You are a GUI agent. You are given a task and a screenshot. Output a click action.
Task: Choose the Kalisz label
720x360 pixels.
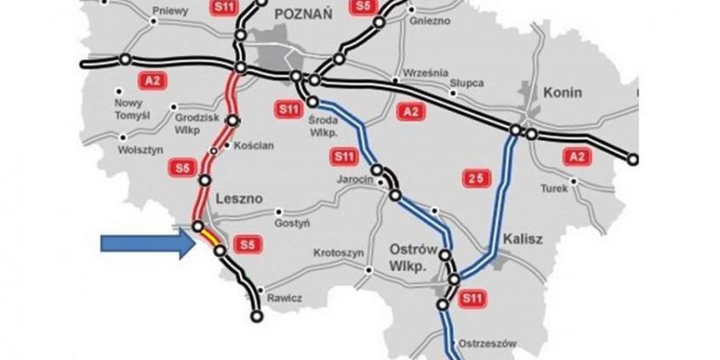click(523, 240)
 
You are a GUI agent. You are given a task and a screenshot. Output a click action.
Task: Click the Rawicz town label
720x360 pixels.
click(284, 298)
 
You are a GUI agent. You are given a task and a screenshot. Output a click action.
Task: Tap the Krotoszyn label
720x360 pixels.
click(340, 254)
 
